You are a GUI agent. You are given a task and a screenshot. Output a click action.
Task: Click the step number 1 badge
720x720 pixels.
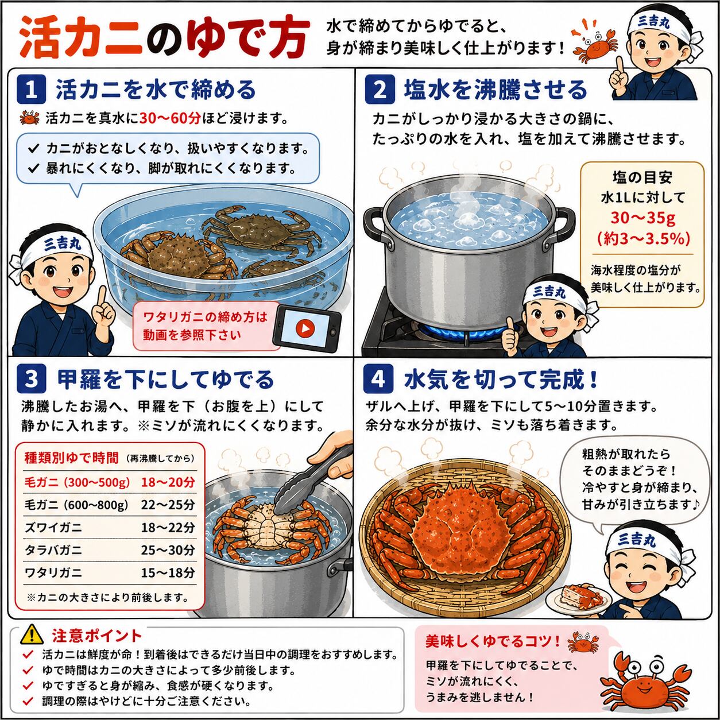(31, 90)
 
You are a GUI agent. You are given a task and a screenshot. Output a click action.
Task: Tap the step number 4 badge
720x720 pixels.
(378, 380)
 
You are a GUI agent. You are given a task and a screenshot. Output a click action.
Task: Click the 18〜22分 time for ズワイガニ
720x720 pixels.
(168, 528)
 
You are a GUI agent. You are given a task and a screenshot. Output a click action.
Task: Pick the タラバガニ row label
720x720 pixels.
(53, 551)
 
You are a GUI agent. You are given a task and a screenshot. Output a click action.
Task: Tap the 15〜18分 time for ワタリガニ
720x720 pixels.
(168, 573)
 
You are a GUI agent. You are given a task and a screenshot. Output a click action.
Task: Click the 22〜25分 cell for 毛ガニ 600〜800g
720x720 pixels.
(168, 505)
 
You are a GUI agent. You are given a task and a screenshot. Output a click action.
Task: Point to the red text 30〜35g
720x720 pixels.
(642, 218)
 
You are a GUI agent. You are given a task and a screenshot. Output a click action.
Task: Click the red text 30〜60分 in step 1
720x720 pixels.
(171, 119)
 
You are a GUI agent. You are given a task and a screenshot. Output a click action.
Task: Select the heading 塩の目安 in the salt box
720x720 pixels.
(642, 178)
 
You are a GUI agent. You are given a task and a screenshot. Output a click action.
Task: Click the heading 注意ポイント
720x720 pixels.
(97, 635)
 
